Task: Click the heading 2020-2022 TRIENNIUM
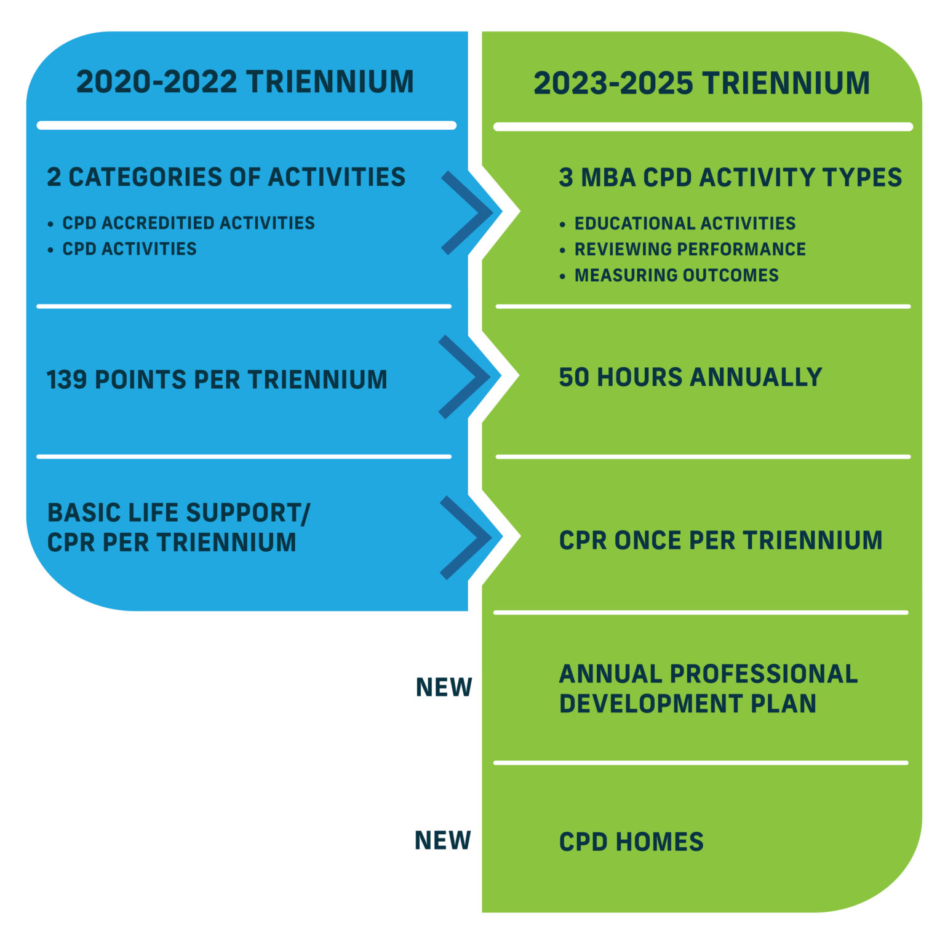(x=245, y=82)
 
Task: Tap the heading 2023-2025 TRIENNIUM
(x=701, y=84)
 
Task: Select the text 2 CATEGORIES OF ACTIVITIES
(x=226, y=177)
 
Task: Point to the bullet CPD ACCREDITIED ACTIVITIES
(x=188, y=223)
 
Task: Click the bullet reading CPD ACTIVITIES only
(x=129, y=249)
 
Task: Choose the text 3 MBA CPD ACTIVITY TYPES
(x=730, y=178)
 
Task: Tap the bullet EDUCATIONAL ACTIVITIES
(x=685, y=223)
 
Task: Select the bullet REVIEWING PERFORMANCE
(x=690, y=249)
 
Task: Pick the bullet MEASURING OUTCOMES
(x=676, y=275)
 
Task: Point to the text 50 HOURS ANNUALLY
(x=690, y=377)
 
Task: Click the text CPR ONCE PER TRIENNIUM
(x=720, y=540)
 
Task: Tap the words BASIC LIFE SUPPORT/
(x=178, y=513)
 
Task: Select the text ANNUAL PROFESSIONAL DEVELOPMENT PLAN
(x=708, y=689)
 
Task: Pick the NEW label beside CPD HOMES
(x=443, y=840)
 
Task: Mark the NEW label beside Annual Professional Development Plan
(x=444, y=687)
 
